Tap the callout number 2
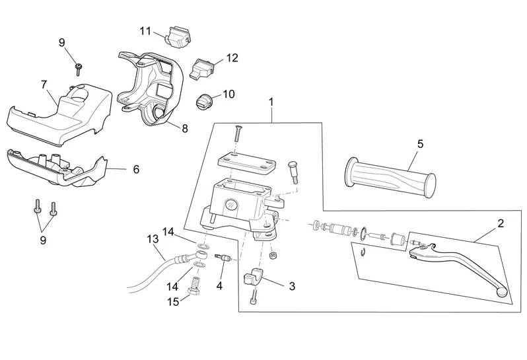pyautogui.click(x=500, y=223)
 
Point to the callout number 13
pyautogui.click(x=152, y=238)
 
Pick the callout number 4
pyautogui.click(x=220, y=286)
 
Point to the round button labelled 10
pyautogui.click(x=204, y=103)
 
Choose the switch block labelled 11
pyautogui.click(x=178, y=37)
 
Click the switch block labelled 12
pyautogui.click(x=201, y=67)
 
